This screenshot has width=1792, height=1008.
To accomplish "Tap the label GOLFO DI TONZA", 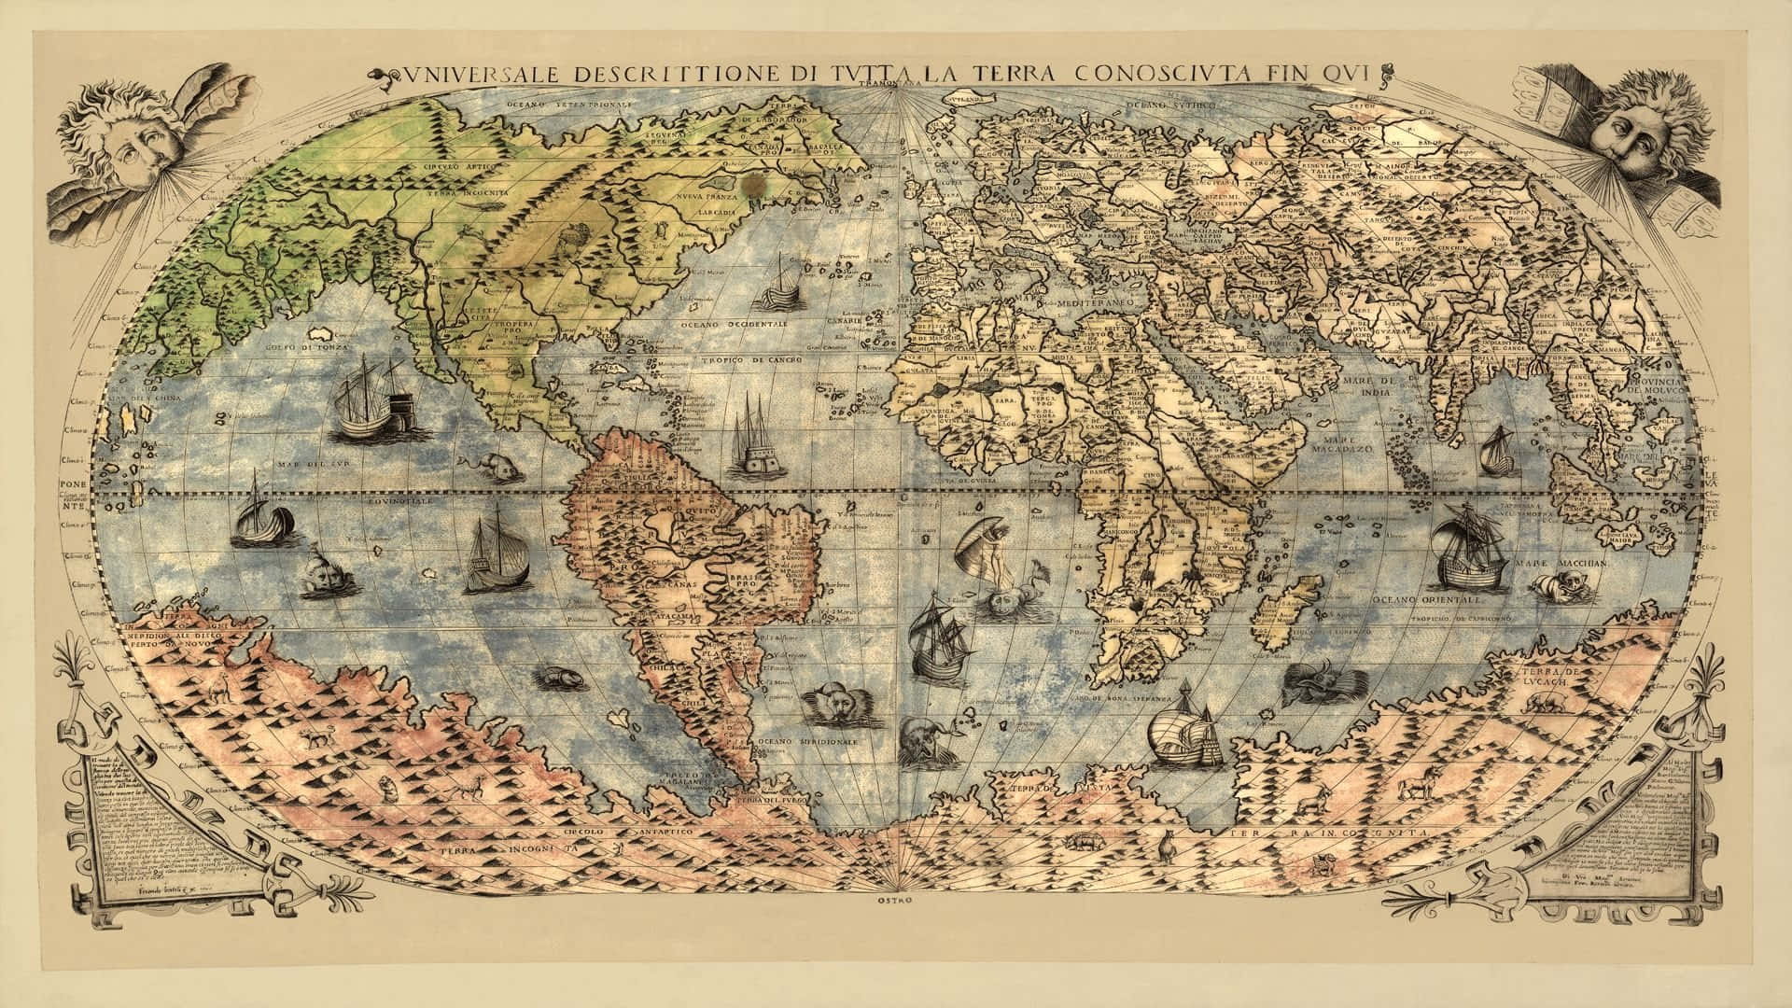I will click(322, 349).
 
